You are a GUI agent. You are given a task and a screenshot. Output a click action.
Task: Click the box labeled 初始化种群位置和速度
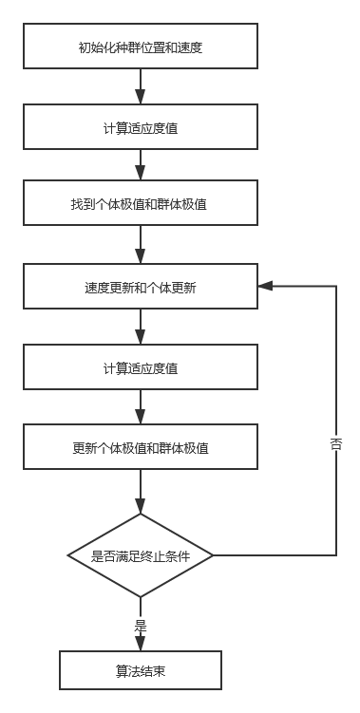point(141,47)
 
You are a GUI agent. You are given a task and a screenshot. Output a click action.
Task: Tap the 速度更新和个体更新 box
point(141,287)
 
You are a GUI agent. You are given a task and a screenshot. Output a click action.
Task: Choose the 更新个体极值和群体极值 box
point(141,447)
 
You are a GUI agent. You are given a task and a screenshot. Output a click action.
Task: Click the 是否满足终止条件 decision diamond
point(141,556)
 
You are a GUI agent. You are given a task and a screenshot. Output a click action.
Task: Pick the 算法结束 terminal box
point(141,669)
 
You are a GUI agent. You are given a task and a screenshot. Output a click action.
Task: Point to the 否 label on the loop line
point(336,442)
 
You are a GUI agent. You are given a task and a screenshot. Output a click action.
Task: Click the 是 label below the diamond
point(141,624)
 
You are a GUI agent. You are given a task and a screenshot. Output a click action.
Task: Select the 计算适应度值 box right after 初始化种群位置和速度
point(141,126)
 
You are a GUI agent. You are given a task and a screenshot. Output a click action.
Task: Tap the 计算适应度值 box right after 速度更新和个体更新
point(141,367)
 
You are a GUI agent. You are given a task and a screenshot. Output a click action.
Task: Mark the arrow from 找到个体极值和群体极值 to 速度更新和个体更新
point(141,247)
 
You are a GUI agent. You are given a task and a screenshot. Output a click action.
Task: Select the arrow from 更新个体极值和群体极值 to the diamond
point(141,492)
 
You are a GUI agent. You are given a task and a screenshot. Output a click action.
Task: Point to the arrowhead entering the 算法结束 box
point(141,645)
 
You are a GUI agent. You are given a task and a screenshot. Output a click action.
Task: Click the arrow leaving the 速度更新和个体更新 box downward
point(141,327)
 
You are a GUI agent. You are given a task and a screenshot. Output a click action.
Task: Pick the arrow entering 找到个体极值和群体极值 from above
point(141,168)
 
